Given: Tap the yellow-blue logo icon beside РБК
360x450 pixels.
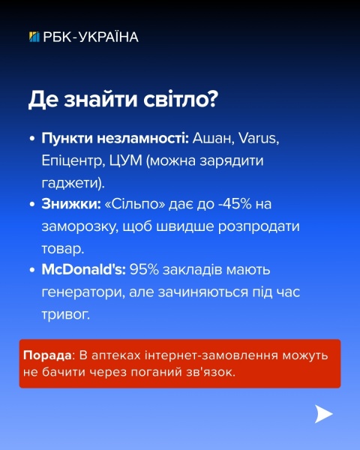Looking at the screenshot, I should (34, 37).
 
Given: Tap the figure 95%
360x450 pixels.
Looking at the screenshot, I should (144, 268).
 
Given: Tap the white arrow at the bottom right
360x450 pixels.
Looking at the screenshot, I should (323, 414).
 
